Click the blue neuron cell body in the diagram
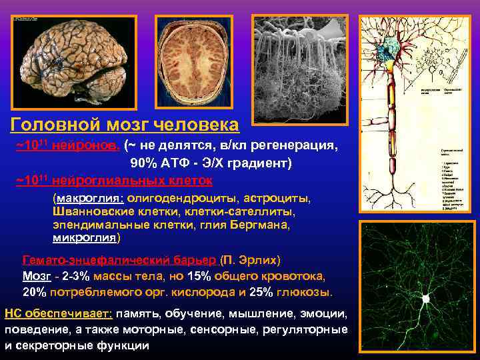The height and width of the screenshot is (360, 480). [x=387, y=49]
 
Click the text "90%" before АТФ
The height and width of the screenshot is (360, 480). [x=144, y=163]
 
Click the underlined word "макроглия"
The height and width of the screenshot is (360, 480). [x=89, y=199]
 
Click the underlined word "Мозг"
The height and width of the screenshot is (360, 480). [x=37, y=275]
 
